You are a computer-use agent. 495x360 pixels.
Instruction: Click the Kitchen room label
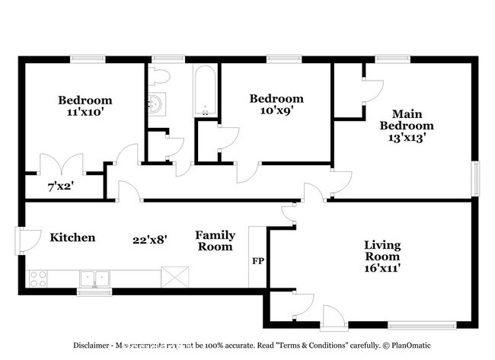click(x=72, y=237)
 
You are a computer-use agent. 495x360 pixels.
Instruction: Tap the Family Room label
click(x=215, y=241)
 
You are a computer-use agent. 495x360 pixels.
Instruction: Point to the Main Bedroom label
click(x=408, y=119)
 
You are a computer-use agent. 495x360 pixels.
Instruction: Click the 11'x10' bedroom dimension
click(x=85, y=112)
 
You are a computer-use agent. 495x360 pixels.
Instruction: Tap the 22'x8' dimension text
click(x=150, y=239)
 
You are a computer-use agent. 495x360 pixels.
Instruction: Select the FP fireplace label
click(x=257, y=261)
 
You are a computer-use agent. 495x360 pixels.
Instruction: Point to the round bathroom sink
click(x=157, y=104)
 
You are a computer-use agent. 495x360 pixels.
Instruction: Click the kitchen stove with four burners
click(x=38, y=279)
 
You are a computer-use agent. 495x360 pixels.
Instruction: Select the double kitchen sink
click(x=96, y=279)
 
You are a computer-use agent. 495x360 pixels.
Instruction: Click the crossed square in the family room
click(x=174, y=276)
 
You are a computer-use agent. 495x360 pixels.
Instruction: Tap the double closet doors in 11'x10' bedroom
click(x=62, y=164)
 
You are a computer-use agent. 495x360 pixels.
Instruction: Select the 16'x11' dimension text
click(x=382, y=267)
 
